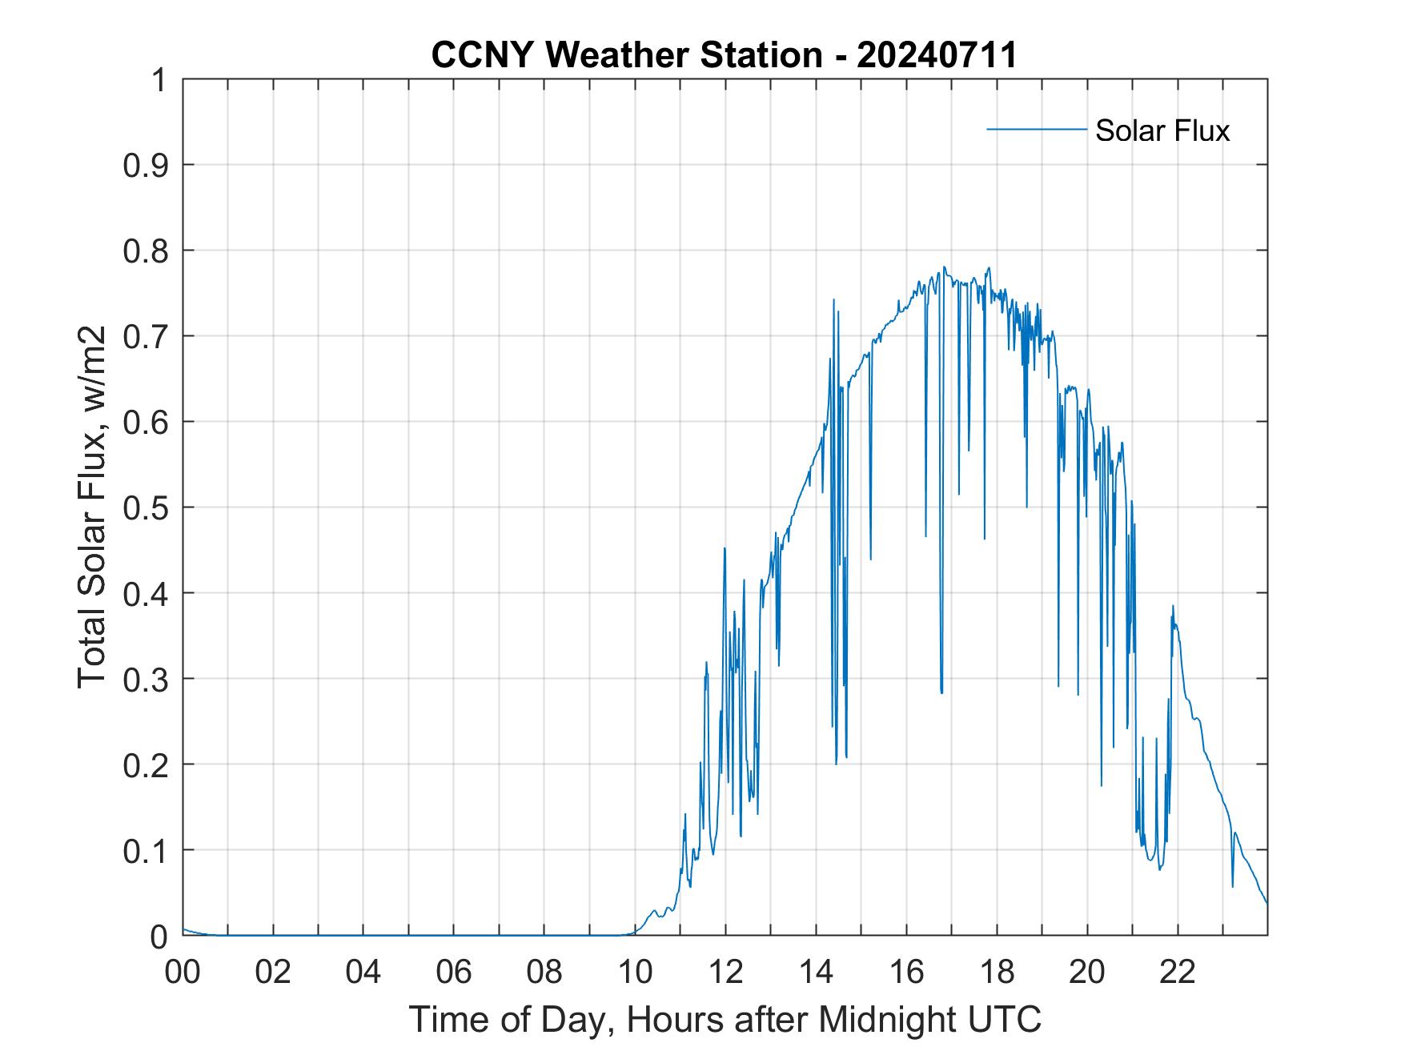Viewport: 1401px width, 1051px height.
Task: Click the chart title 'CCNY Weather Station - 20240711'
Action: (x=724, y=55)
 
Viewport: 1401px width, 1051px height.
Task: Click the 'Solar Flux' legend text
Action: (x=1162, y=130)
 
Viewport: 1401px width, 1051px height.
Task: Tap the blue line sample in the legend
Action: (x=1036, y=129)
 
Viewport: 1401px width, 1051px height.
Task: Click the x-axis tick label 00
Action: (x=183, y=972)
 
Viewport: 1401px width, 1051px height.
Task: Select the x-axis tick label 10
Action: (x=635, y=972)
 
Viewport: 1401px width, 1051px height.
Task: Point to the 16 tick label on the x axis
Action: (x=906, y=972)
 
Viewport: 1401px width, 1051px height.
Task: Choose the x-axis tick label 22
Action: (x=1178, y=972)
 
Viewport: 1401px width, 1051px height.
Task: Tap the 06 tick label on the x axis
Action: (x=454, y=972)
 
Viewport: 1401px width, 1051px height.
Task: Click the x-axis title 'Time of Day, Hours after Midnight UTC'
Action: (x=725, y=1019)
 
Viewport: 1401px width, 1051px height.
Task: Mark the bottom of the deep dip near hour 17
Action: (x=941, y=692)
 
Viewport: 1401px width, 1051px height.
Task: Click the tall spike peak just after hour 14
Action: (x=833, y=299)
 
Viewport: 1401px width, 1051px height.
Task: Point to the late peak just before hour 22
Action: (x=1173, y=606)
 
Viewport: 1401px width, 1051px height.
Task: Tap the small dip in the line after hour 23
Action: (x=1232, y=886)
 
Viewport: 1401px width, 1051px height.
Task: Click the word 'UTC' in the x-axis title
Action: (x=1006, y=1019)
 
